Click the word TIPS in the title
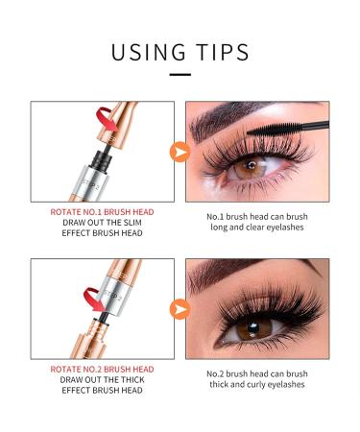point(220,51)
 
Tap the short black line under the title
point(180,74)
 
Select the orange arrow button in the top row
point(179,152)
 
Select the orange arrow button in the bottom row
point(179,309)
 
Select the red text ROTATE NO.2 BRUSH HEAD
point(102,368)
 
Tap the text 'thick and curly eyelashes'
point(257,385)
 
